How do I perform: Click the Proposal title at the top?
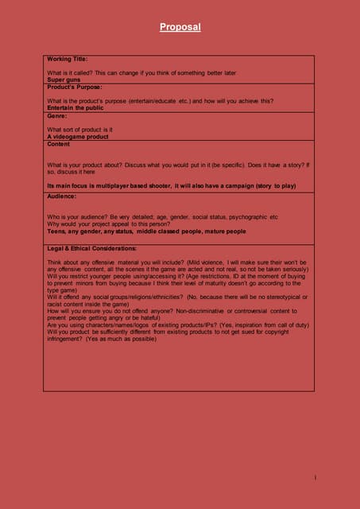180,28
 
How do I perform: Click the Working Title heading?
68,59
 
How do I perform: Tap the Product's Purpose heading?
75,86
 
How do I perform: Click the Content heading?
59,144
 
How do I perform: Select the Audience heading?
61,196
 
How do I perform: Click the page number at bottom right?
315,477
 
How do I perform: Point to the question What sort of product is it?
79,129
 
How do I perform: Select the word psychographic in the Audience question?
250,216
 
